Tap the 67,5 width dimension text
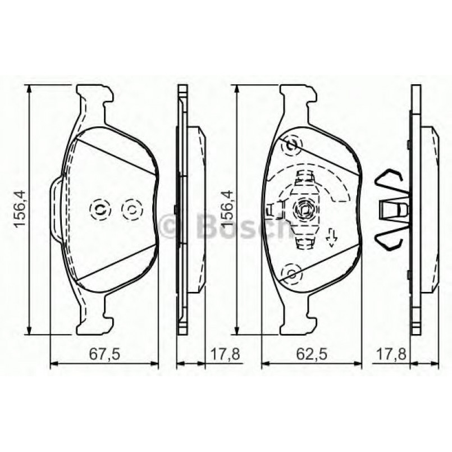coord(104,354)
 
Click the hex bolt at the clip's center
coord(304,210)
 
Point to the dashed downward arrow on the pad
coord(332,238)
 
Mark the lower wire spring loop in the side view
coord(390,239)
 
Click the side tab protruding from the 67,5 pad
coord(56,209)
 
